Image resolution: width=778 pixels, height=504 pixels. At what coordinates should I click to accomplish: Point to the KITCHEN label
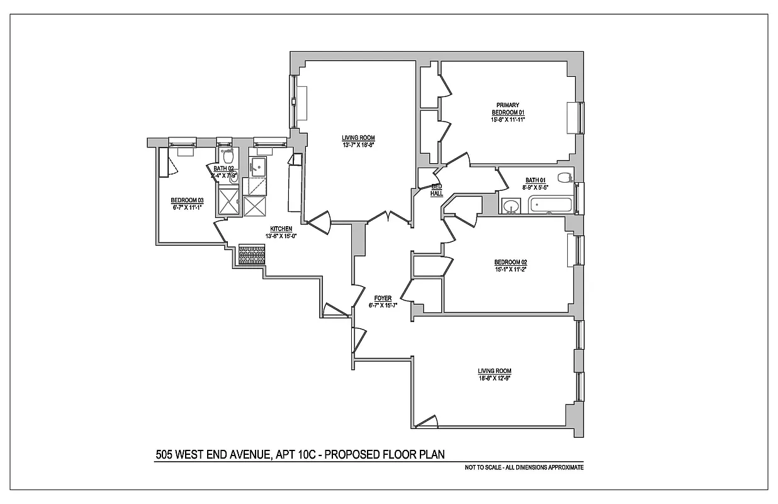281,229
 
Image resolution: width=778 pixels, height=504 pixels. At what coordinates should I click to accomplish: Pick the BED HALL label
437,190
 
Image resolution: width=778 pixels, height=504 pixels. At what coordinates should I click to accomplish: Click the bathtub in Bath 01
550,205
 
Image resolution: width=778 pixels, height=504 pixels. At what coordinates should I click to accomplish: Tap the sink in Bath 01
511,205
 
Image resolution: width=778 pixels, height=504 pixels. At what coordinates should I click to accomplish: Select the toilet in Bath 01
566,178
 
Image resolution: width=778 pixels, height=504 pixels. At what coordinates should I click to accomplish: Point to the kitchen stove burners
252,254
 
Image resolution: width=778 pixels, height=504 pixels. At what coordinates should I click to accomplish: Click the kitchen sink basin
257,167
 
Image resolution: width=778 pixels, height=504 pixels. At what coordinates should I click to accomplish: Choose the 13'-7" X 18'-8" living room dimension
358,146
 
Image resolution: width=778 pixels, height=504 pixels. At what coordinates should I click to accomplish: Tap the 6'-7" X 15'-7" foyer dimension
382,306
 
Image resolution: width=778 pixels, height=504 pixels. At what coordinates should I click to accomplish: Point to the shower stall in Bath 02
228,202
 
